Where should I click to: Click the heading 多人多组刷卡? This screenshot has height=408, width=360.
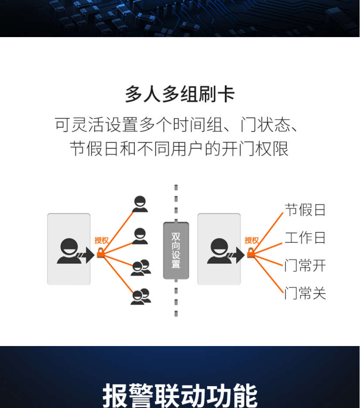(180, 94)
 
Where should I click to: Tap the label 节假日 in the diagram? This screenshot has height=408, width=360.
(305, 210)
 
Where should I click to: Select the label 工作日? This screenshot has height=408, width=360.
(305, 238)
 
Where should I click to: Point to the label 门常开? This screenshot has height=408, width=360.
(305, 265)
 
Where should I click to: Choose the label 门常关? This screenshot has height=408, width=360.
(305, 293)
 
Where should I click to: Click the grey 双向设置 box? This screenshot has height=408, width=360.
(176, 250)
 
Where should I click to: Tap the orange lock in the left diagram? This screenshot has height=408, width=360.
(101, 253)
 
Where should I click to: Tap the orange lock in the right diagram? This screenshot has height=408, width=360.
(251, 253)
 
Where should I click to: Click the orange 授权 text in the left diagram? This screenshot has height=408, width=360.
(101, 240)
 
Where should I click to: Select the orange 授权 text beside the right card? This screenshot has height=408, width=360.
(251, 240)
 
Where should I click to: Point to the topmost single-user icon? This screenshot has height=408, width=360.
(139, 204)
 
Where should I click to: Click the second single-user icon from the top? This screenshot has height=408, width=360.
(139, 236)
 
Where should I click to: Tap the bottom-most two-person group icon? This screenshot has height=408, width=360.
(140, 297)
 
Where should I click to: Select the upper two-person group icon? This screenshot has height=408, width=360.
(140, 267)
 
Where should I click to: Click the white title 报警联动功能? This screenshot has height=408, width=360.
(180, 395)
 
